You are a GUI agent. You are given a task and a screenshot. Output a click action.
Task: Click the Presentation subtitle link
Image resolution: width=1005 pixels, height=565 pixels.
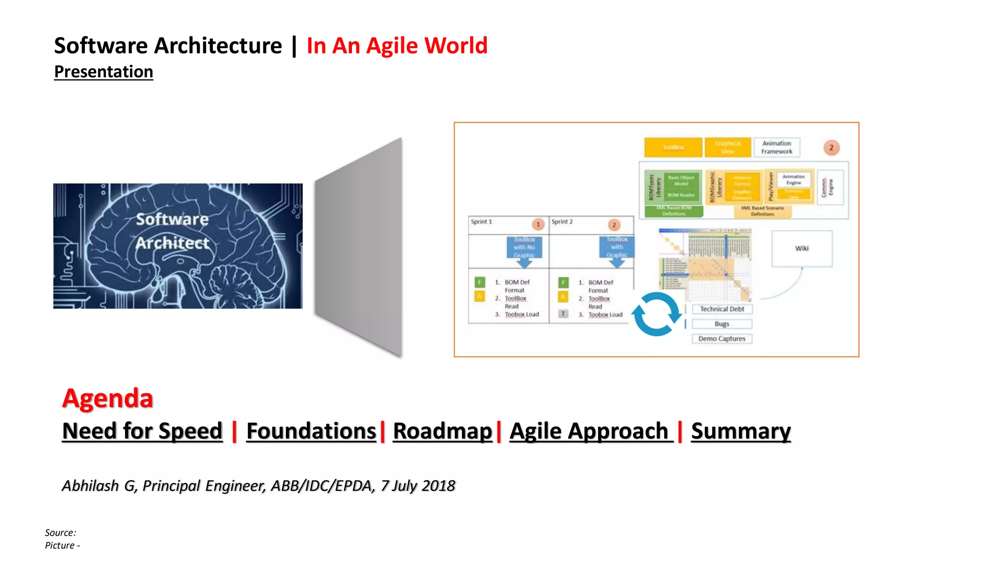tap(104, 72)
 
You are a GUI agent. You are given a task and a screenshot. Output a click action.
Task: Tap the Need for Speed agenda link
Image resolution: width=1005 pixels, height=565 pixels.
tap(142, 431)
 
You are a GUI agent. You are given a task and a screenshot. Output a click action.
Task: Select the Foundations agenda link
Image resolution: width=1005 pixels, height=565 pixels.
tap(311, 431)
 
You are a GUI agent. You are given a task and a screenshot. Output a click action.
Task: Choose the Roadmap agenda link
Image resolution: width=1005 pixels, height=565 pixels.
tap(442, 431)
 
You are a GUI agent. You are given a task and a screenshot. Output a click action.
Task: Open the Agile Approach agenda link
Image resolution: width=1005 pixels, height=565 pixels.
tap(589, 431)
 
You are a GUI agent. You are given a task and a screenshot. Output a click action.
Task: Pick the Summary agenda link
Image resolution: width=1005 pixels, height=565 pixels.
tap(741, 431)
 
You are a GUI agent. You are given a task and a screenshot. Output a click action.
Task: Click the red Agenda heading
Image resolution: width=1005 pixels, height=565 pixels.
tap(107, 398)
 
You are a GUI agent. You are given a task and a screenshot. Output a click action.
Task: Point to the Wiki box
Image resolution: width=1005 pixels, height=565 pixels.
tap(802, 249)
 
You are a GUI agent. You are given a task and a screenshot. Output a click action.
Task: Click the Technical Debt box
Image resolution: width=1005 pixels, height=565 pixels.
tap(722, 309)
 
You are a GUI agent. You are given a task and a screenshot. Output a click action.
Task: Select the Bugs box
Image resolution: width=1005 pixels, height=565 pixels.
tap(722, 324)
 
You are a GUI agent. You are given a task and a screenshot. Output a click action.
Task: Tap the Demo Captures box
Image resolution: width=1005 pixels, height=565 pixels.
tap(722, 338)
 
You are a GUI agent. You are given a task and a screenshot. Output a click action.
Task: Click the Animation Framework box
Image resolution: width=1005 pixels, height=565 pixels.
tap(777, 147)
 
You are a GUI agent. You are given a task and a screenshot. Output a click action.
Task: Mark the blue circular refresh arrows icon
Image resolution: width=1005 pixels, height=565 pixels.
tap(657, 314)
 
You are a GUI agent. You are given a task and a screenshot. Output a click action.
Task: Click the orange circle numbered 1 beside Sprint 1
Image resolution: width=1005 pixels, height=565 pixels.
tap(538, 224)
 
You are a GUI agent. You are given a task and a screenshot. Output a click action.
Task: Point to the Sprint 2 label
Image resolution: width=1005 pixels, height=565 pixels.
tap(562, 222)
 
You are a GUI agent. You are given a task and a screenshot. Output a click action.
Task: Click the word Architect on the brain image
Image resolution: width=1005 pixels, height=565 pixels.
tap(172, 243)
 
